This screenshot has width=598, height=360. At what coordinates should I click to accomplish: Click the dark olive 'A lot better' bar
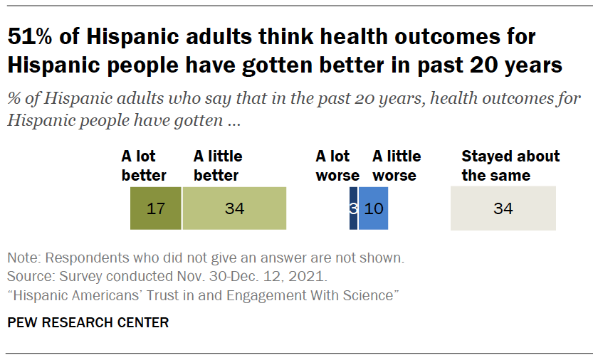click(155, 208)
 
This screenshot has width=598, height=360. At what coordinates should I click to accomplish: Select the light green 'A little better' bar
click(234, 208)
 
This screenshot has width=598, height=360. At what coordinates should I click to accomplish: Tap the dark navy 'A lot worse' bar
click(353, 208)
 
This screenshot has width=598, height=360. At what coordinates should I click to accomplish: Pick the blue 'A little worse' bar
click(374, 208)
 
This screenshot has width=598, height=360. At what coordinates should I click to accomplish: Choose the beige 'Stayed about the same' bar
click(503, 208)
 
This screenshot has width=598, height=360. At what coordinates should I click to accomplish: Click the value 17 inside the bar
click(155, 209)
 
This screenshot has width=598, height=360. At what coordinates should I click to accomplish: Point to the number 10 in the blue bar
click(374, 209)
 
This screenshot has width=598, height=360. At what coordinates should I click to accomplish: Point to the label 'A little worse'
click(397, 165)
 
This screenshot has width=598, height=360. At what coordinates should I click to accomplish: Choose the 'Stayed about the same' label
click(510, 165)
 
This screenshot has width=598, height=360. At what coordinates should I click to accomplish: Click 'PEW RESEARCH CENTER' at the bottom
click(88, 323)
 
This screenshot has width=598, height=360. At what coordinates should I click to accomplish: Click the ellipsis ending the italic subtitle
click(233, 120)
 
